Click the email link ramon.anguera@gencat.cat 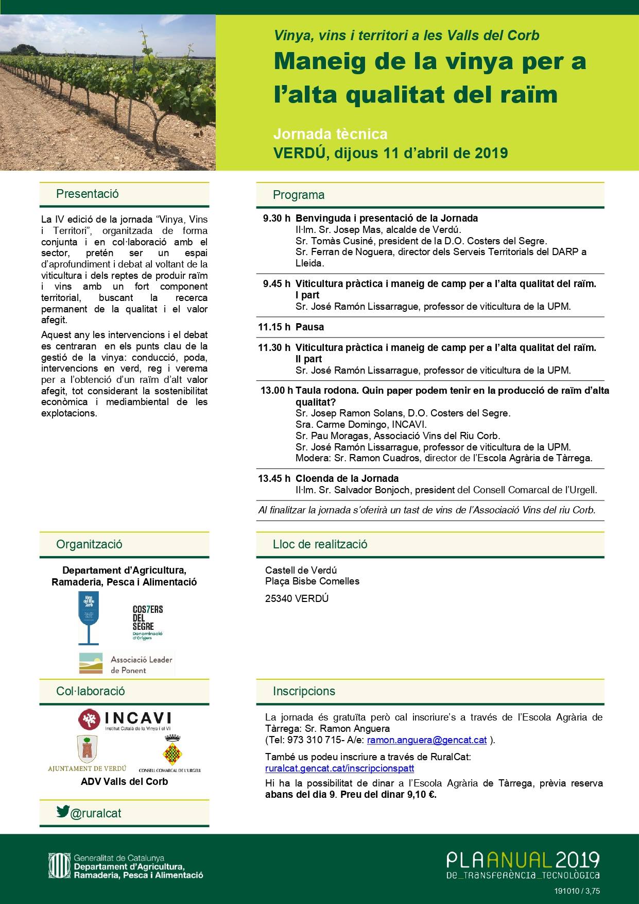[x=427, y=740]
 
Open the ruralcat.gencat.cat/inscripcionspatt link [x=339, y=768]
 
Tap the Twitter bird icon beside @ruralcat [x=63, y=811]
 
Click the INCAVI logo [x=125, y=719]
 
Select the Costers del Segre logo [x=148, y=623]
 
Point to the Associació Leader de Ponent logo [x=126, y=664]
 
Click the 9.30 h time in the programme [x=276, y=219]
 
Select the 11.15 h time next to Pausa [x=274, y=327]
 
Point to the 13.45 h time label [x=274, y=478]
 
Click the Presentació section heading [x=88, y=194]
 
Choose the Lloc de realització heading [x=320, y=544]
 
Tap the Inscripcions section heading [x=304, y=691]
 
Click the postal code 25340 [x=279, y=598]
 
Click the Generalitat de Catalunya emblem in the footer [x=58, y=867]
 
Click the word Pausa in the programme [x=309, y=327]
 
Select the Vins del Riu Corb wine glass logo [x=89, y=617]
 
